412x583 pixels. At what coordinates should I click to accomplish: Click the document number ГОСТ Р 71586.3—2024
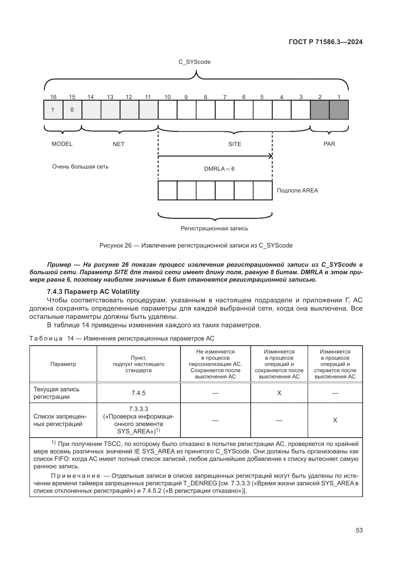click(326, 42)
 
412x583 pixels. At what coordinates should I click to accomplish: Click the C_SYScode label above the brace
click(195, 62)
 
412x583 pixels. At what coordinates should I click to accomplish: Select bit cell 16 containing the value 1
click(53, 110)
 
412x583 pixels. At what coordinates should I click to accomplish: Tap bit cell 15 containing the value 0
click(72, 110)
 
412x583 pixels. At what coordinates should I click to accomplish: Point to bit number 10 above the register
click(167, 97)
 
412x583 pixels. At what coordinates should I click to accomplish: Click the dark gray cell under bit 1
click(339, 110)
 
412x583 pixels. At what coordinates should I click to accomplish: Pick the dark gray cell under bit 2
click(320, 110)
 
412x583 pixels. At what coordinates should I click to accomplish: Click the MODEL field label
click(62, 144)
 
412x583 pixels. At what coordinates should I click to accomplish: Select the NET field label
click(119, 144)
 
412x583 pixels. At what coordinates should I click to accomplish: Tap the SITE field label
click(235, 144)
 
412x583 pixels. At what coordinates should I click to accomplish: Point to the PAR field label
click(329, 144)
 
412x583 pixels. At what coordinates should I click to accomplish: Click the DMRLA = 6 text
click(219, 169)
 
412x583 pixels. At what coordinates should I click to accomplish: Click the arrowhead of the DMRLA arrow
click(271, 156)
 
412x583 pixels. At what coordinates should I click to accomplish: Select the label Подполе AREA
click(297, 191)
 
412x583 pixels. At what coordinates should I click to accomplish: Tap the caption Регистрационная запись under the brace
click(214, 229)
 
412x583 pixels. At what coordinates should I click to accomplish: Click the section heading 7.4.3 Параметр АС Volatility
click(93, 292)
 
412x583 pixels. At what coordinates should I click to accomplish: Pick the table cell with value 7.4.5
click(138, 393)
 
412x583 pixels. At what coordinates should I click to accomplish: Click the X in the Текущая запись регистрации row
click(279, 393)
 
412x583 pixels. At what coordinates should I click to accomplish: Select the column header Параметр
click(63, 364)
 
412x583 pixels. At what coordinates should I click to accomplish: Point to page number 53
click(359, 530)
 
